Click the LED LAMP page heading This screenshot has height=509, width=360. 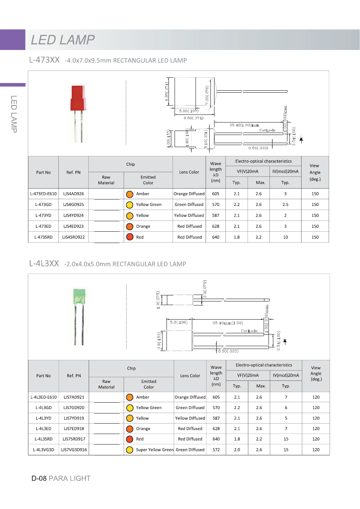click(x=63, y=40)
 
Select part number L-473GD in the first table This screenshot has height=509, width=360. click(x=43, y=204)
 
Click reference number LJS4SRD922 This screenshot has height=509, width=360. click(x=73, y=237)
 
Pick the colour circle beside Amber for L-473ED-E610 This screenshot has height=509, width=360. click(x=130, y=194)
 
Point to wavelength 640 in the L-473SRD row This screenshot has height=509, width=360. click(x=216, y=237)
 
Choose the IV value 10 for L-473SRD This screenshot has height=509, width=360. click(x=285, y=237)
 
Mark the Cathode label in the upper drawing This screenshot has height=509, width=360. click(x=267, y=130)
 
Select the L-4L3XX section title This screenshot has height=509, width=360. click(x=44, y=264)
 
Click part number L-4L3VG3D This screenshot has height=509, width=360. click(x=44, y=450)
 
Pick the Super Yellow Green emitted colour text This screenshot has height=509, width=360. click(x=154, y=450)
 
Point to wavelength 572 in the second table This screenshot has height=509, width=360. click(x=216, y=450)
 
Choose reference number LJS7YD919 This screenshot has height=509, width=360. click(x=74, y=418)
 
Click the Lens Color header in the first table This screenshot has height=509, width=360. click(x=189, y=172)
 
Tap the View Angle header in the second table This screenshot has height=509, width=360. click(x=316, y=373)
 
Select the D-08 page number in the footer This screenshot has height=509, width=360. click(x=39, y=478)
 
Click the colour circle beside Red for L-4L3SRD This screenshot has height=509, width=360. click(x=130, y=439)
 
